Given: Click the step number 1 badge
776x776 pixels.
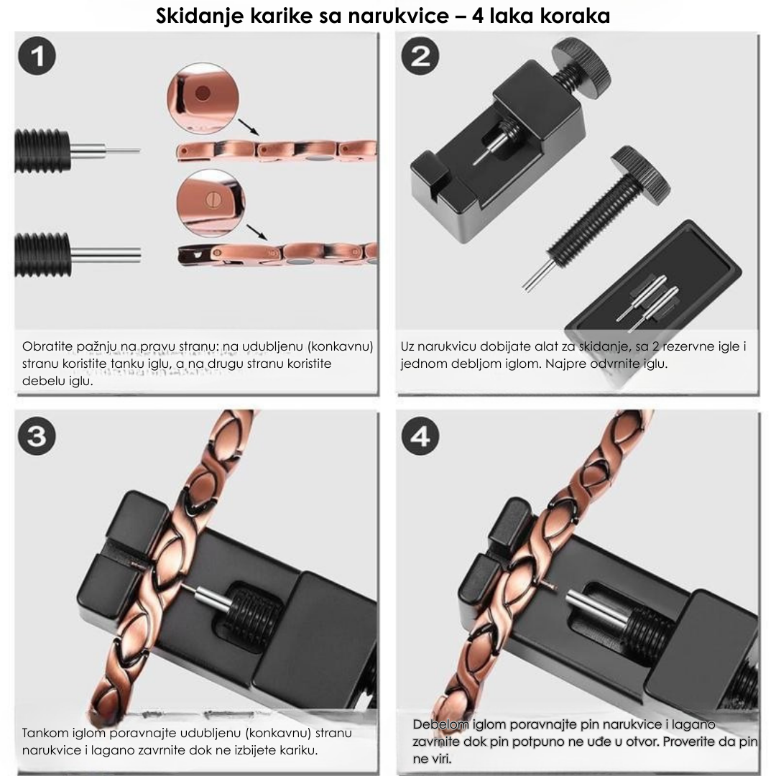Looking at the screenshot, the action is click(x=37, y=57).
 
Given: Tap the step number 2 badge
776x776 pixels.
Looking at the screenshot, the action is click(x=420, y=57).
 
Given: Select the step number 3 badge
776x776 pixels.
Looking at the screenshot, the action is click(x=37, y=437).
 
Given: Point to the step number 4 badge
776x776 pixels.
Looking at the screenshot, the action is click(x=420, y=437).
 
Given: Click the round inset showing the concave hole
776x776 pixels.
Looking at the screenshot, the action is click(x=203, y=98).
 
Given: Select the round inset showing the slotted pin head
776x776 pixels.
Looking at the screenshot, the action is click(x=211, y=203).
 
